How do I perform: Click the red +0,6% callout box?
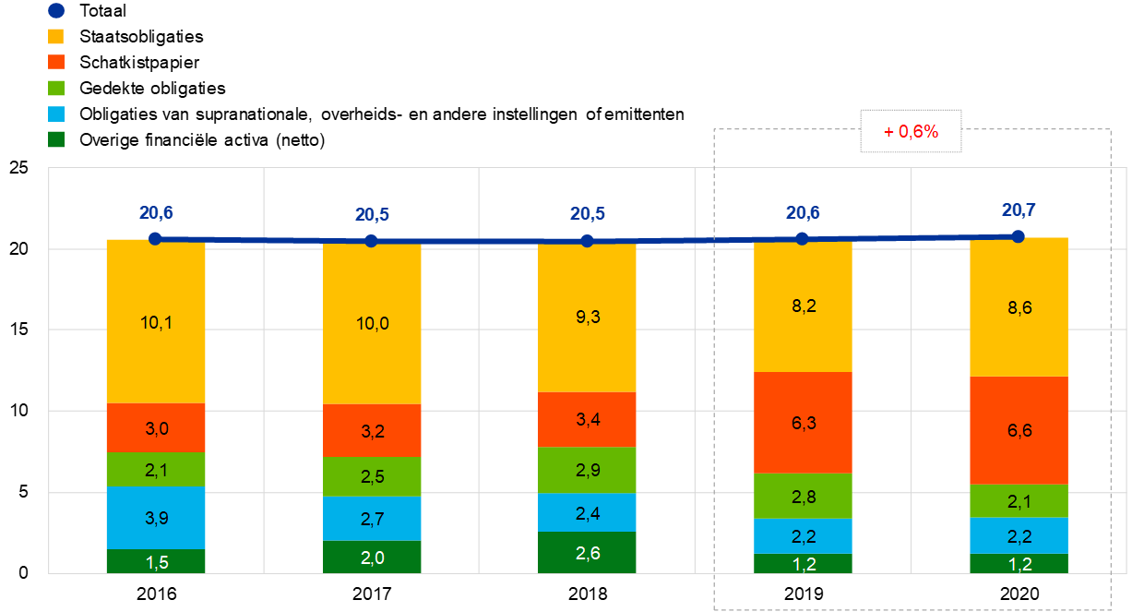pyautogui.click(x=911, y=132)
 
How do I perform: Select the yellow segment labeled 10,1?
pyautogui.click(x=156, y=321)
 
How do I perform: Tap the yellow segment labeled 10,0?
pyautogui.click(x=372, y=324)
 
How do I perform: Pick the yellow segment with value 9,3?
pyautogui.click(x=587, y=318)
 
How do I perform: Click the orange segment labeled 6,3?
pyautogui.click(x=803, y=423)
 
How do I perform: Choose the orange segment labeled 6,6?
pyautogui.click(x=1019, y=430)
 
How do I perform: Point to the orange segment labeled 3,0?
pyautogui.click(x=156, y=427)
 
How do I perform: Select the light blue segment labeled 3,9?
pyautogui.click(x=156, y=518)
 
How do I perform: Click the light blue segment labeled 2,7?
pyautogui.click(x=372, y=518)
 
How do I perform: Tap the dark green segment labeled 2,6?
pyautogui.click(x=587, y=552)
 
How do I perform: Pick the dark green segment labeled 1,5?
pyautogui.click(x=156, y=561)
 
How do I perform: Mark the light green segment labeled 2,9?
pyautogui.click(x=587, y=470)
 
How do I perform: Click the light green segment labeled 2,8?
pyautogui.click(x=803, y=496)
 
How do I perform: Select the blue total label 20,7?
pyautogui.click(x=1019, y=210)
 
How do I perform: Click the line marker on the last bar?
pyautogui.click(x=1019, y=236)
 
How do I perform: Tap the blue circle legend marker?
pyautogui.click(x=56, y=11)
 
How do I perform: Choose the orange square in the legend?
pyautogui.click(x=56, y=62)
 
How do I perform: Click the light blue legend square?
pyautogui.click(x=56, y=114)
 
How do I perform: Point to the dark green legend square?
pyautogui.click(x=56, y=139)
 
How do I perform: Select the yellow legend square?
pyautogui.click(x=56, y=36)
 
